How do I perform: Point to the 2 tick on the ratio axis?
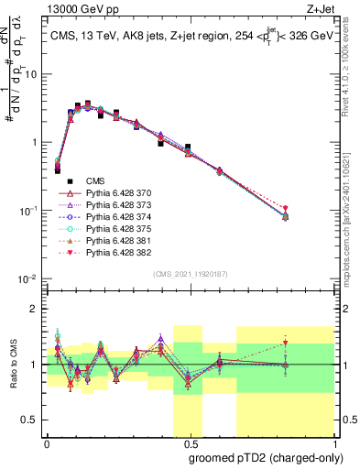click(33, 309)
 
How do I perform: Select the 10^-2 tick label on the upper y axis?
click(27, 278)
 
